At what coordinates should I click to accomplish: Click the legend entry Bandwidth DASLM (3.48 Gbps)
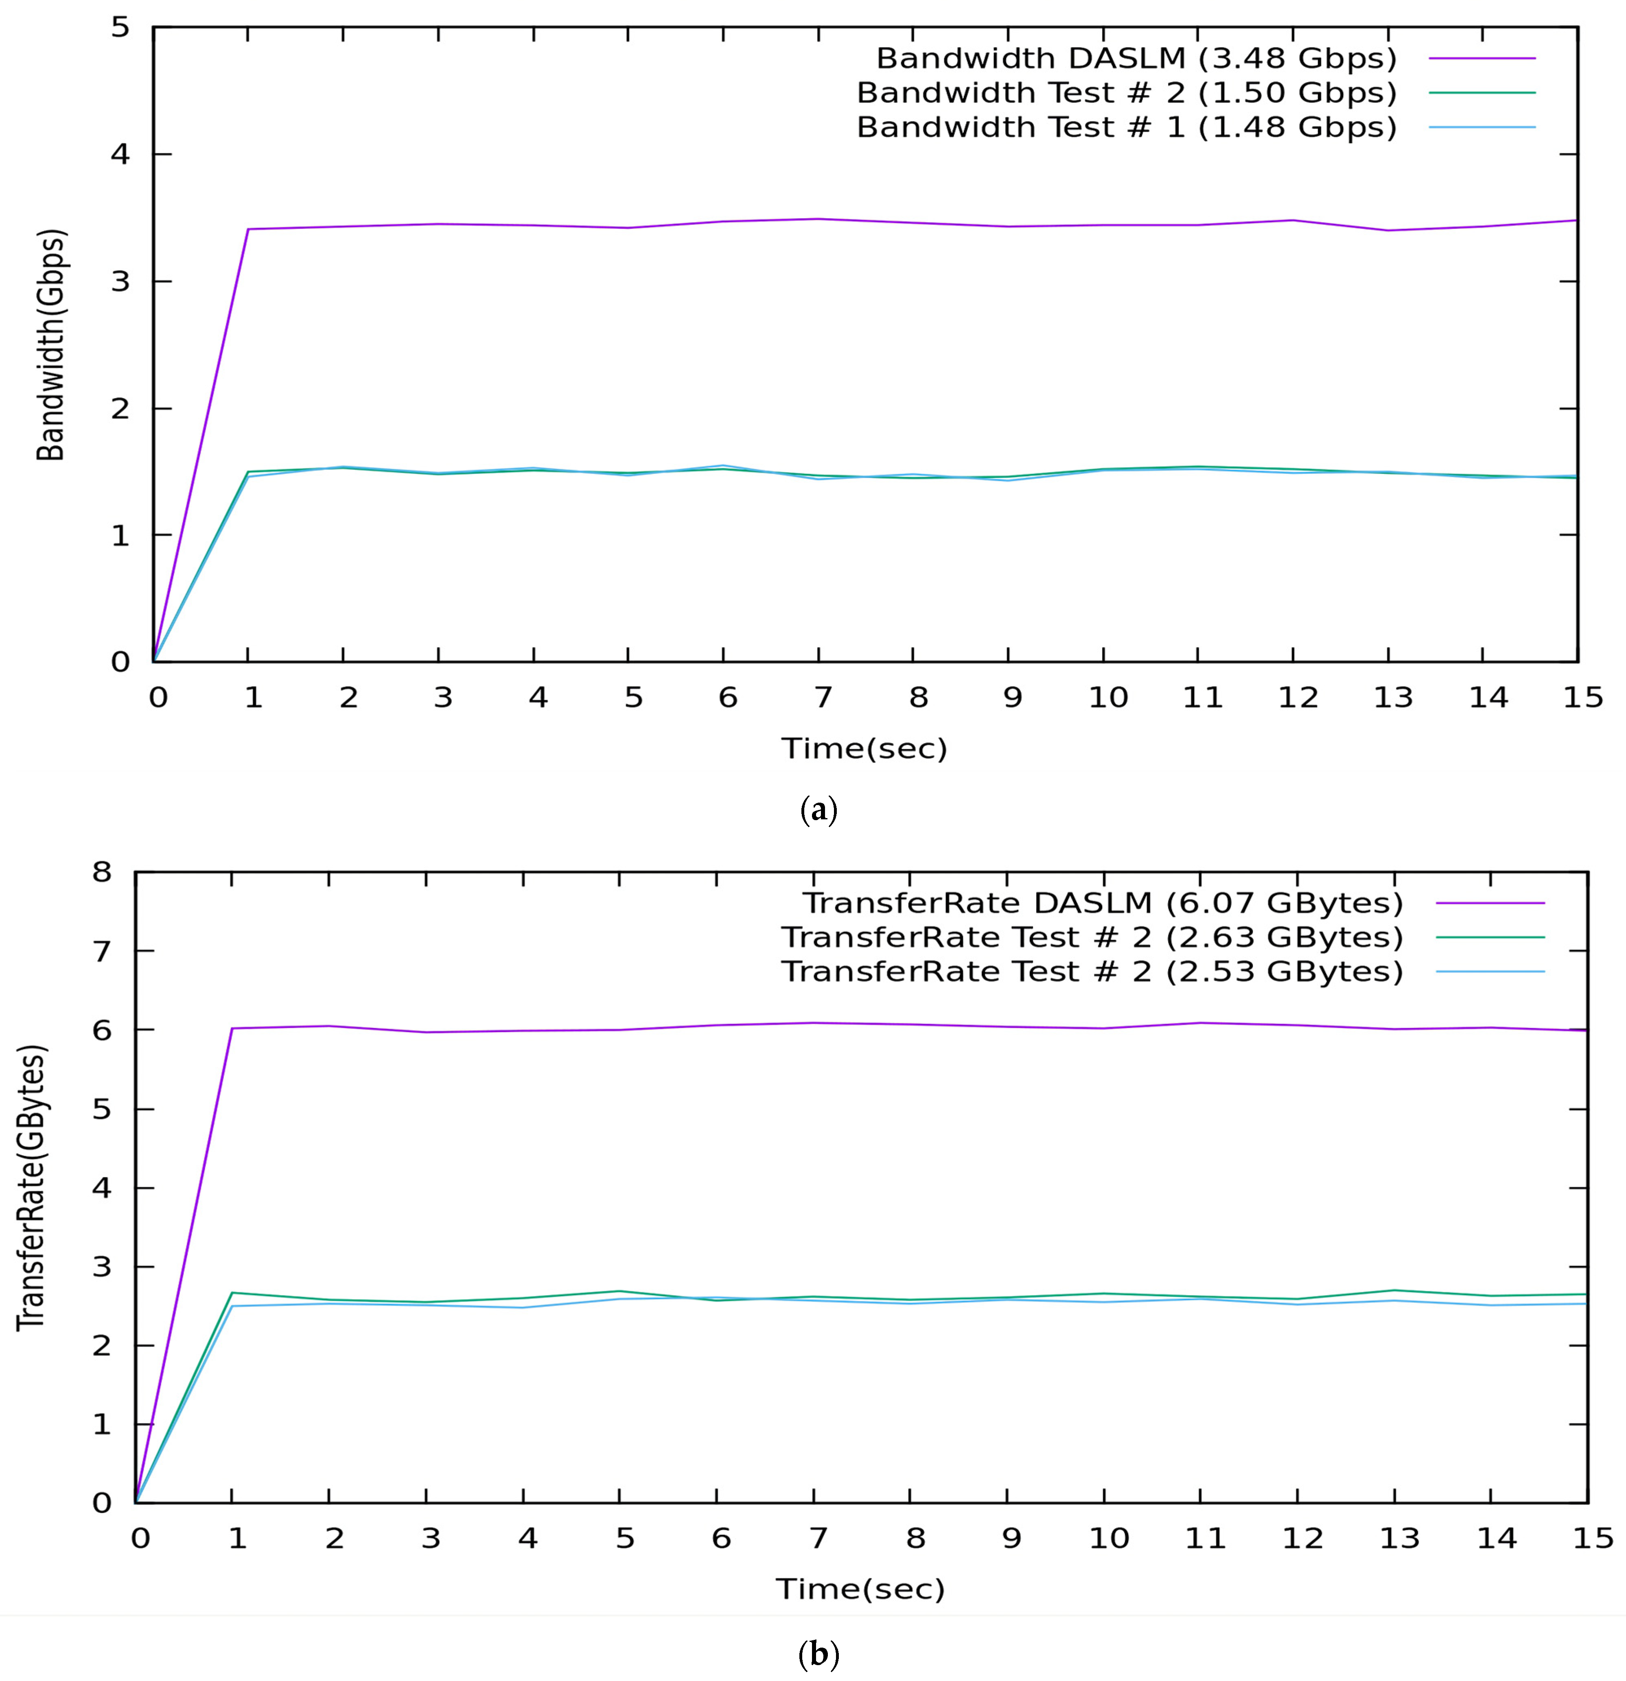1136,58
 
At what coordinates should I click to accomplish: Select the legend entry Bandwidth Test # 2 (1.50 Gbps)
1126,93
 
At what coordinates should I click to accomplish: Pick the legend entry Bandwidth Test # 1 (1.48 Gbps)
1126,127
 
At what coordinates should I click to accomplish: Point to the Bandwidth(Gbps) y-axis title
51,345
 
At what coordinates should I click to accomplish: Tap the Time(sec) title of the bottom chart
860,1589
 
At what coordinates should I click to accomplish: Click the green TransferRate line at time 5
619,1291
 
